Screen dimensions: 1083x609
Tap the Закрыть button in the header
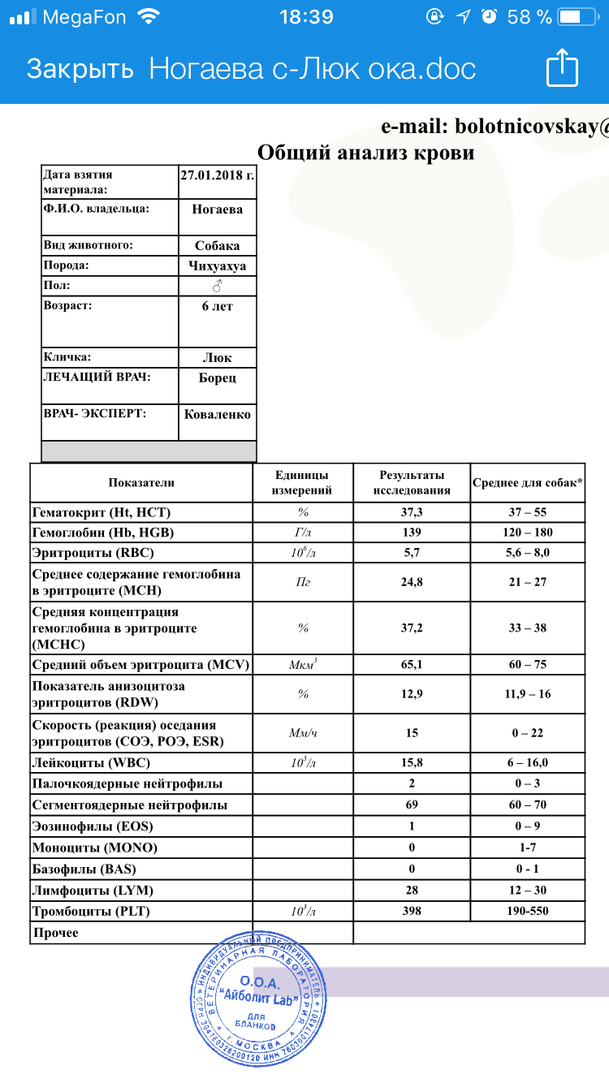click(x=80, y=68)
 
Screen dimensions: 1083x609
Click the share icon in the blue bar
click(x=561, y=67)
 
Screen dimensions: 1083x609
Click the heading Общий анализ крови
click(x=365, y=153)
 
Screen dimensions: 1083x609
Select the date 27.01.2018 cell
click(x=217, y=174)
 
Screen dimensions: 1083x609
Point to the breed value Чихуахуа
click(x=217, y=265)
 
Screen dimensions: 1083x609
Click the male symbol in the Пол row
click(x=217, y=287)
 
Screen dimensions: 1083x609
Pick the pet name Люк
click(x=217, y=357)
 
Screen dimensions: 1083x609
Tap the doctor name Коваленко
click(x=217, y=414)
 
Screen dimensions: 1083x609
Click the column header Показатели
click(x=141, y=482)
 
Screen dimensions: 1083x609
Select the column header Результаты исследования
click(x=412, y=482)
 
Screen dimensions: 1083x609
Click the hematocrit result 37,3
click(x=412, y=512)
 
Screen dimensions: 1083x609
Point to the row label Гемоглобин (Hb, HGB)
click(x=103, y=533)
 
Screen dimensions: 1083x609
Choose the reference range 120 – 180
click(x=529, y=533)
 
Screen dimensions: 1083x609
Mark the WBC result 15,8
click(x=412, y=763)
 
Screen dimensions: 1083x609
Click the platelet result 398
click(x=412, y=911)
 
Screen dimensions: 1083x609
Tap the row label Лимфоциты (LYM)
click(x=93, y=890)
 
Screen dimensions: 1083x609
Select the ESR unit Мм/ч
click(x=302, y=733)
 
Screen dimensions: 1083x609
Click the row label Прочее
click(x=55, y=932)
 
